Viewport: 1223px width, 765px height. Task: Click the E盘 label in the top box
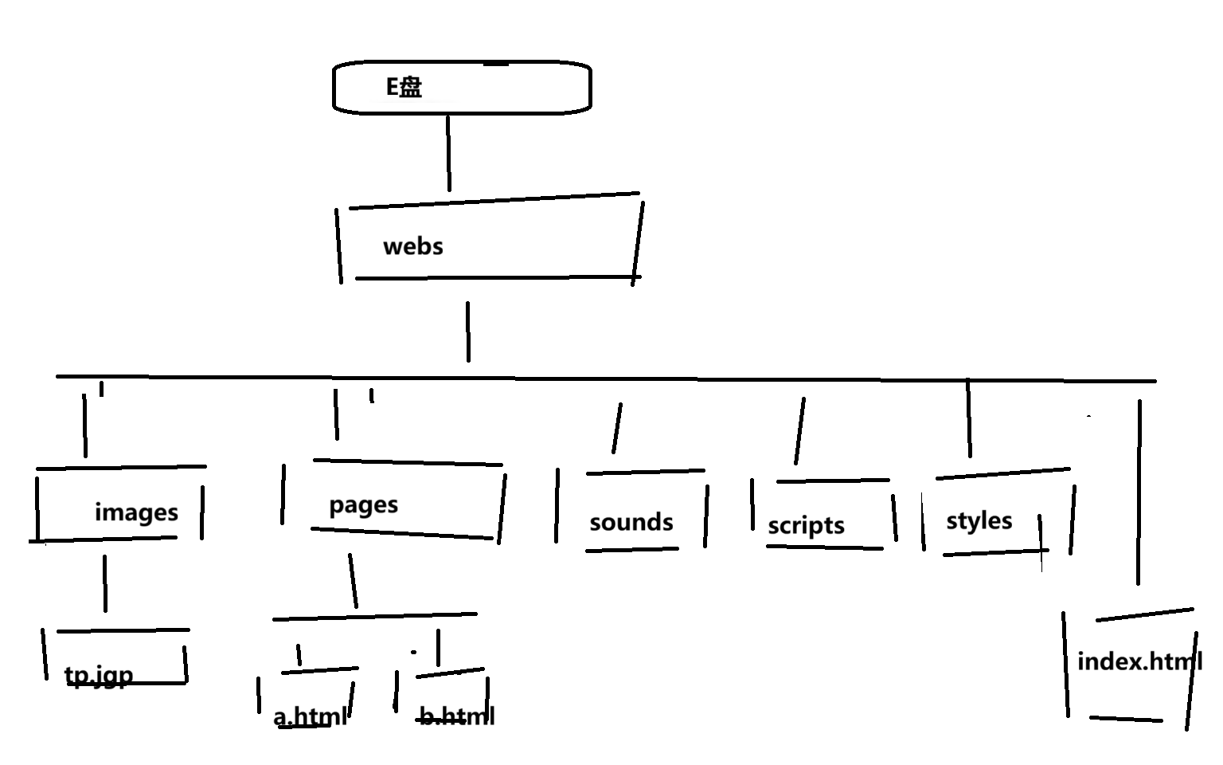[404, 87]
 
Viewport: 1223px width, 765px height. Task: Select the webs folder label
[412, 246]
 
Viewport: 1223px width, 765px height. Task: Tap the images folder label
[136, 512]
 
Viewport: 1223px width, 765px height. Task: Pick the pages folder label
[363, 505]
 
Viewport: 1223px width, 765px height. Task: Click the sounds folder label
[631, 523]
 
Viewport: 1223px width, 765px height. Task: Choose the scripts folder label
[806, 526]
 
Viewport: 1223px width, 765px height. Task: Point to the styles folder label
[979, 521]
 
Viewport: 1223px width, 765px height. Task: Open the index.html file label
[1139, 661]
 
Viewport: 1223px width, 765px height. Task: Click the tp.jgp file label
[99, 676]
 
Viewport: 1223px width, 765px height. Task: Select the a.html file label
[310, 716]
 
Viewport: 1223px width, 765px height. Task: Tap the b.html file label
[456, 716]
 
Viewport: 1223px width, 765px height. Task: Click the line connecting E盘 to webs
[448, 153]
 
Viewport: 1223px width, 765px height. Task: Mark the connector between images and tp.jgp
[104, 583]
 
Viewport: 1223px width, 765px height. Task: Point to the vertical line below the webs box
[467, 331]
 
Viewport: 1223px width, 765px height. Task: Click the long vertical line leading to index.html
[1139, 492]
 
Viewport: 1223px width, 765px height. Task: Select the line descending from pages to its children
[353, 580]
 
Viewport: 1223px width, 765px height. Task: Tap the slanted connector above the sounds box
[617, 428]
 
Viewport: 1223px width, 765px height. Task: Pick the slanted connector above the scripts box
[799, 430]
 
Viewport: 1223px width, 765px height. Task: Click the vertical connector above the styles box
[969, 419]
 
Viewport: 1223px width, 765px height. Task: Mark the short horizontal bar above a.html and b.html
[374, 616]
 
